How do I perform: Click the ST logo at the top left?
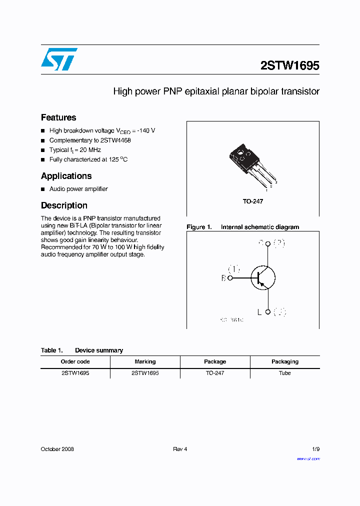click(59, 59)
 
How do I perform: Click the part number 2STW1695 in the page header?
click(289, 65)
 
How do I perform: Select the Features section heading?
click(58, 117)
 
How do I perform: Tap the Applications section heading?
click(66, 176)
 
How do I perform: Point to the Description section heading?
click(64, 205)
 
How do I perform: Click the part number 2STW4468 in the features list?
click(115, 140)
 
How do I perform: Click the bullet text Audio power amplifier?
click(78, 189)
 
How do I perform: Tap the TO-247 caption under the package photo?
click(253, 201)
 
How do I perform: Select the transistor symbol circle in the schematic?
click(263, 277)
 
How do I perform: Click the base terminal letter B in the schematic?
click(223, 278)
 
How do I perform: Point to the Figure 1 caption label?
click(199, 227)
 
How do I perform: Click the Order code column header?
click(75, 361)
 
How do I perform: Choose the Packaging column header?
click(285, 361)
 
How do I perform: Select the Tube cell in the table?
click(285, 373)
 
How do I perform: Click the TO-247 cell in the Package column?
click(215, 373)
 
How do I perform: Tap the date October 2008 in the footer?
click(57, 449)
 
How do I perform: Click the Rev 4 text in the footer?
click(180, 449)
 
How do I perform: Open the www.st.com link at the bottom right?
click(308, 458)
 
